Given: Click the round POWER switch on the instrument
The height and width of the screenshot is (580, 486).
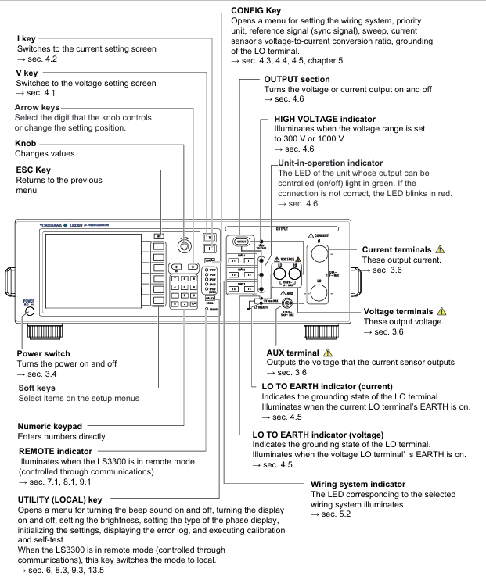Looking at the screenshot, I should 29,311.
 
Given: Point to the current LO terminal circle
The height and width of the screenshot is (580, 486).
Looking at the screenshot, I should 319,292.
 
